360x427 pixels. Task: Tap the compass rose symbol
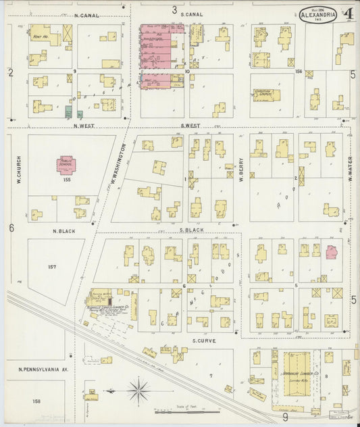pyautogui.click(x=138, y=390)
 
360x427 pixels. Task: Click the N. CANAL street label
pyautogui.click(x=86, y=15)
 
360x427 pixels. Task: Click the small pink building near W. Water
pyautogui.click(x=331, y=252)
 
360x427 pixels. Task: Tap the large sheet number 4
pyautogui.click(x=348, y=14)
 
